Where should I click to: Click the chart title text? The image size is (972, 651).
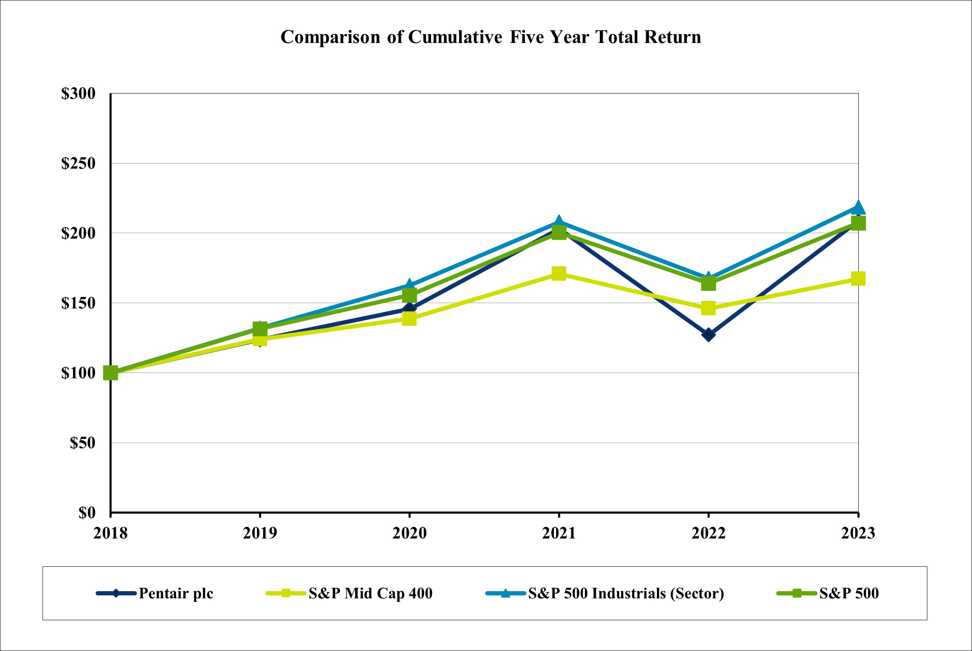tap(491, 37)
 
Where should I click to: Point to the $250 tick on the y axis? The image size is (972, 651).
tap(78, 163)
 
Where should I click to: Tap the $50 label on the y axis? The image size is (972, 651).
tap(83, 443)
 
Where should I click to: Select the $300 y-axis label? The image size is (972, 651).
tap(78, 94)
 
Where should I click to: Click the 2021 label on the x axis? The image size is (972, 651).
tap(558, 533)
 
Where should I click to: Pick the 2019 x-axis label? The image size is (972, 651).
tap(260, 533)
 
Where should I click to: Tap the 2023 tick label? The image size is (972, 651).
tap(858, 533)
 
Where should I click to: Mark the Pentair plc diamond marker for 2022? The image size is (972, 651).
tap(708, 335)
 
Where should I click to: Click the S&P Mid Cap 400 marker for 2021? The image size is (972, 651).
tap(558, 273)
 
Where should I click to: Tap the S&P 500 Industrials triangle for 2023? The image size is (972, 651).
tap(858, 207)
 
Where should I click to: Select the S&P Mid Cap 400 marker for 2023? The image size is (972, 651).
tap(858, 279)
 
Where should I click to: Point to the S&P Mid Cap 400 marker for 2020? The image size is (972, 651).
tap(409, 319)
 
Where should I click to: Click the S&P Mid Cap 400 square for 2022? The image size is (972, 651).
tap(708, 308)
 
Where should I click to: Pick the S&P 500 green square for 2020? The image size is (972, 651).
tap(409, 295)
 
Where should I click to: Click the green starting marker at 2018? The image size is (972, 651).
tap(111, 373)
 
